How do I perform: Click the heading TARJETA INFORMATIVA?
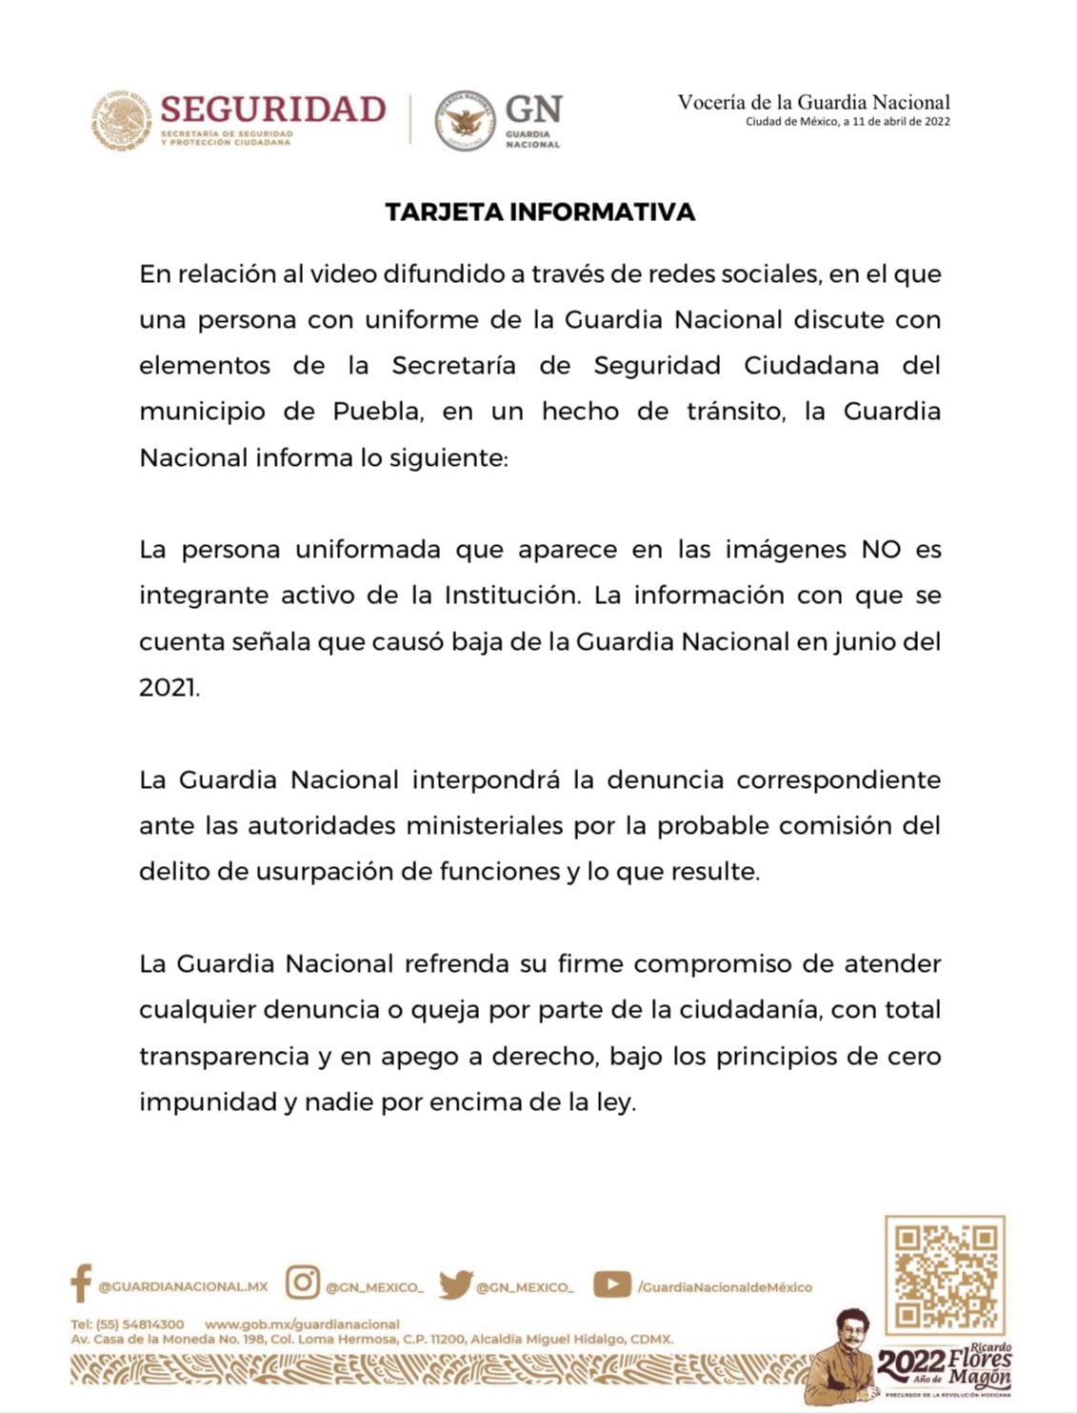pyautogui.click(x=540, y=212)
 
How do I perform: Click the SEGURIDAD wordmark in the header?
pyautogui.click(x=272, y=110)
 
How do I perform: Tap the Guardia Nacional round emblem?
pyautogui.click(x=465, y=120)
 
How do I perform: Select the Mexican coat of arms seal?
pyautogui.click(x=122, y=120)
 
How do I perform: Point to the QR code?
pyautogui.click(x=945, y=1275)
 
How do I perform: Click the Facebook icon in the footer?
pyautogui.click(x=81, y=1284)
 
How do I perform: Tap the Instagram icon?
pyautogui.click(x=303, y=1283)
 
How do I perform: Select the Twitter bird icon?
pyautogui.click(x=455, y=1284)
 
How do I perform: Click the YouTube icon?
pyautogui.click(x=611, y=1284)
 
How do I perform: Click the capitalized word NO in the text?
pyautogui.click(x=881, y=550)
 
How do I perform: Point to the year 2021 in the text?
pyautogui.click(x=169, y=688)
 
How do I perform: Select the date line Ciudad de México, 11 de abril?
pyautogui.click(x=848, y=122)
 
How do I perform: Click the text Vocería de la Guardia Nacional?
pyautogui.click(x=813, y=102)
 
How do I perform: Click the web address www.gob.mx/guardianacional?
pyautogui.click(x=302, y=1324)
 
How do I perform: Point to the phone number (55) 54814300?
pyautogui.click(x=140, y=1324)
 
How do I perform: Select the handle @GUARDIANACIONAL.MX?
pyautogui.click(x=183, y=1286)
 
